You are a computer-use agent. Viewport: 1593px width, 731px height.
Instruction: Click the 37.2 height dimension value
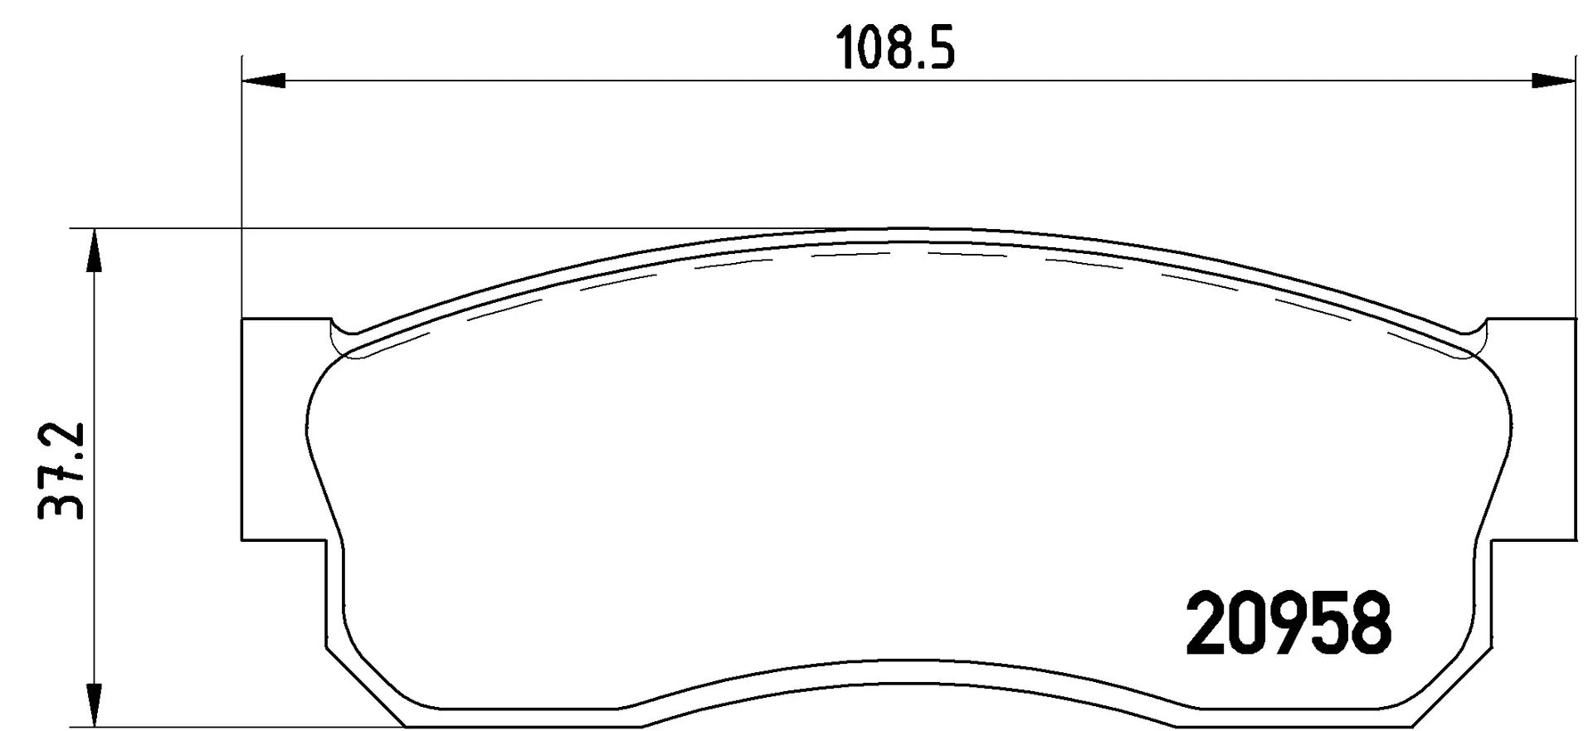(62, 470)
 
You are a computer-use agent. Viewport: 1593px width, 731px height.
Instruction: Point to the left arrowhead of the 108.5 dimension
(264, 80)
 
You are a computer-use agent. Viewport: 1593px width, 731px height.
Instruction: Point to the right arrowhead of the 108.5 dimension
(1552, 80)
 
